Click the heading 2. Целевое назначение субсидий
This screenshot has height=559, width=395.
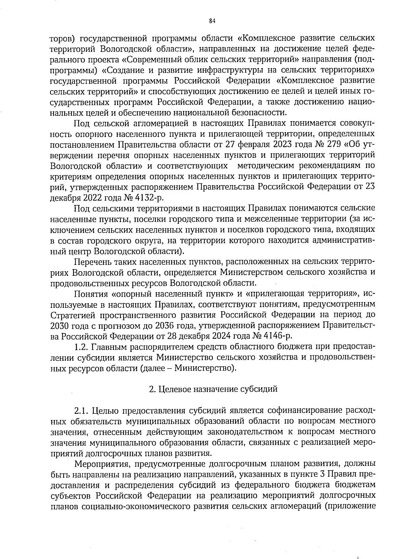pyautogui.click(x=213, y=389)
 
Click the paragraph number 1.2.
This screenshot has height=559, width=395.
pyautogui.click(x=81, y=347)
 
